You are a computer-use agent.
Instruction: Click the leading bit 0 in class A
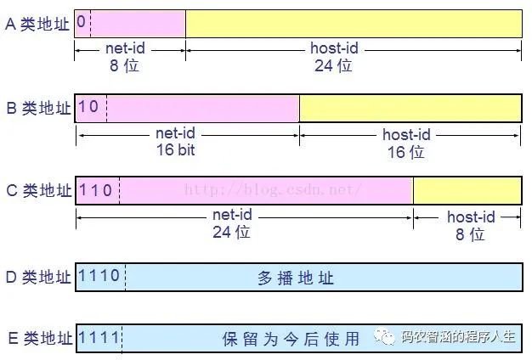point(81,23)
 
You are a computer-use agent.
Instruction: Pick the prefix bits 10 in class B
point(88,107)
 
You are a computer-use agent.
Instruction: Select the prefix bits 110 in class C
point(95,190)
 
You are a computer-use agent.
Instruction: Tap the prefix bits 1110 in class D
point(99,276)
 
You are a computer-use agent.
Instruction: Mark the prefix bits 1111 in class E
point(99,337)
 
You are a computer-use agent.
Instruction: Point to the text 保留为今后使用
point(291,339)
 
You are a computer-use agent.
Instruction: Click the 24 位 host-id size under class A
point(333,65)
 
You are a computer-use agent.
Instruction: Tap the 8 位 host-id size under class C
point(470,233)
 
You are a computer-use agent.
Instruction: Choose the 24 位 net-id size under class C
point(231,232)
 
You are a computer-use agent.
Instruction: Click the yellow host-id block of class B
point(410,108)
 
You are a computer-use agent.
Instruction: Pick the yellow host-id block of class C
point(467,190)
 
